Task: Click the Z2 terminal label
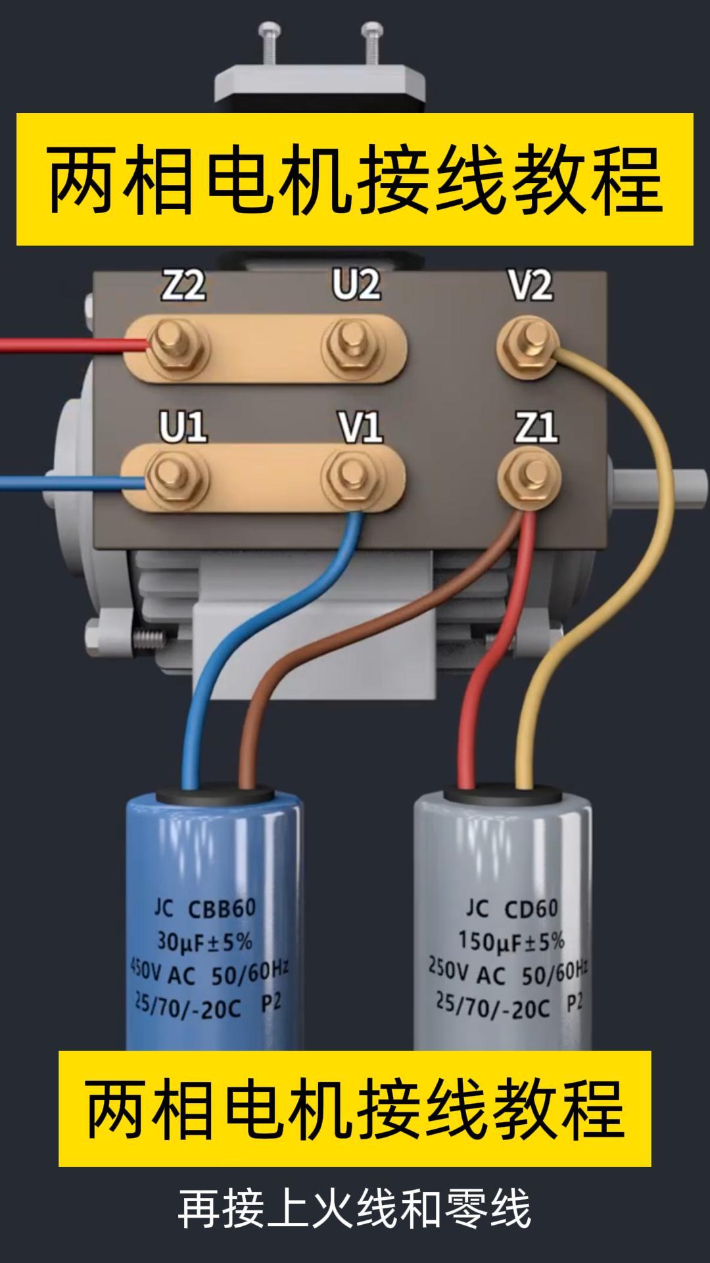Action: (183, 286)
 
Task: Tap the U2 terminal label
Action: (356, 285)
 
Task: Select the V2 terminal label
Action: (530, 286)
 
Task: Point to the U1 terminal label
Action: (183, 427)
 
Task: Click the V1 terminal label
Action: (360, 428)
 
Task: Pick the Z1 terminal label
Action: (536, 428)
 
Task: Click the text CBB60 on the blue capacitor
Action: (222, 909)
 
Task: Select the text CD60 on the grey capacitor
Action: (531, 908)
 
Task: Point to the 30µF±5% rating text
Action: (204, 942)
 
